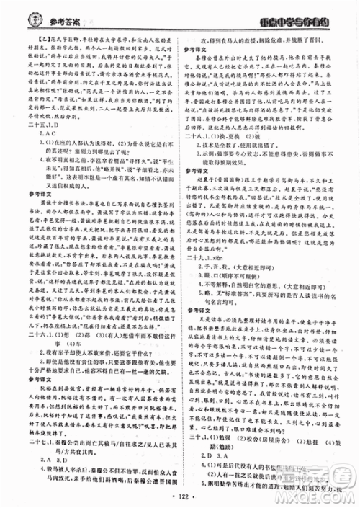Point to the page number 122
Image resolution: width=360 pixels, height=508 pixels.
click(x=181, y=496)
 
